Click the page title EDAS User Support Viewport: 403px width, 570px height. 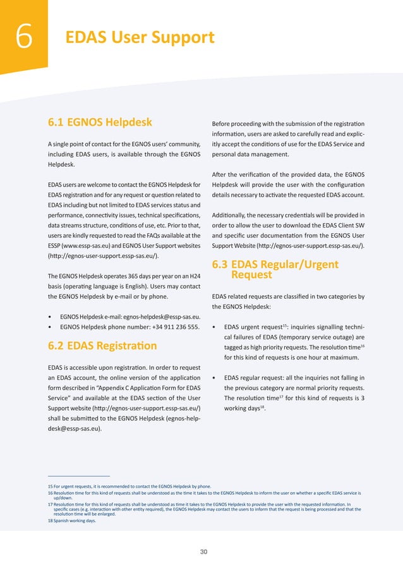click(140, 38)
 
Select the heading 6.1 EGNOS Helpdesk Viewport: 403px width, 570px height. click(100, 122)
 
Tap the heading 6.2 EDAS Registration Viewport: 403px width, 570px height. click(102, 346)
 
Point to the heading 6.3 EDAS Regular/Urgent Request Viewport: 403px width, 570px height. click(275, 269)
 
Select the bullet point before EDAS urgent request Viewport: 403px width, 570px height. click(215, 327)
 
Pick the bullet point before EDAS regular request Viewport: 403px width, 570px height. click(215, 379)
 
